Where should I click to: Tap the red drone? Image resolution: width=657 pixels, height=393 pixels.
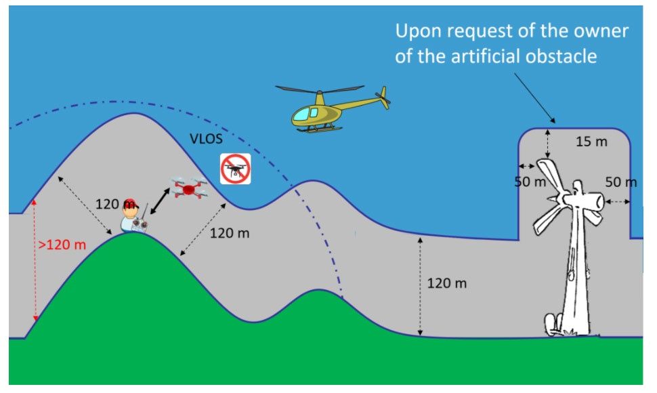pyautogui.click(x=188, y=188)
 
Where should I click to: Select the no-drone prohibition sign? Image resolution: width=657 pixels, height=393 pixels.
pyautogui.click(x=236, y=169)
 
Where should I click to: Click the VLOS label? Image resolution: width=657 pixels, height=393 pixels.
pyautogui.click(x=206, y=139)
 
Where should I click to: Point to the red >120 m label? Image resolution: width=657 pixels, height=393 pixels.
pyautogui.click(x=62, y=244)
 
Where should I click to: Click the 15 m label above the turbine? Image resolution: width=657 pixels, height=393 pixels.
pyautogui.click(x=591, y=142)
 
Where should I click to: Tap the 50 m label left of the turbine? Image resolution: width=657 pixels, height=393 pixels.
pyautogui.click(x=530, y=182)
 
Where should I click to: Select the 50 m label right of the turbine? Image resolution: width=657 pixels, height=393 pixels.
pyautogui.click(x=620, y=182)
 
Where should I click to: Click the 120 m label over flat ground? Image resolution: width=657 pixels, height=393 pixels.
pyautogui.click(x=446, y=283)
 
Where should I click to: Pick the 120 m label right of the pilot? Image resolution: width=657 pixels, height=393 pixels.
pyautogui.click(x=229, y=233)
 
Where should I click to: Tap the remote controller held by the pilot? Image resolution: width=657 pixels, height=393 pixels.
pyautogui.click(x=140, y=224)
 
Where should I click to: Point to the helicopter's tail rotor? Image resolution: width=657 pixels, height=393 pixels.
pyautogui.click(x=383, y=97)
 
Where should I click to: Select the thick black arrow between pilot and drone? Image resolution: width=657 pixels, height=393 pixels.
pyautogui.click(x=160, y=201)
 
